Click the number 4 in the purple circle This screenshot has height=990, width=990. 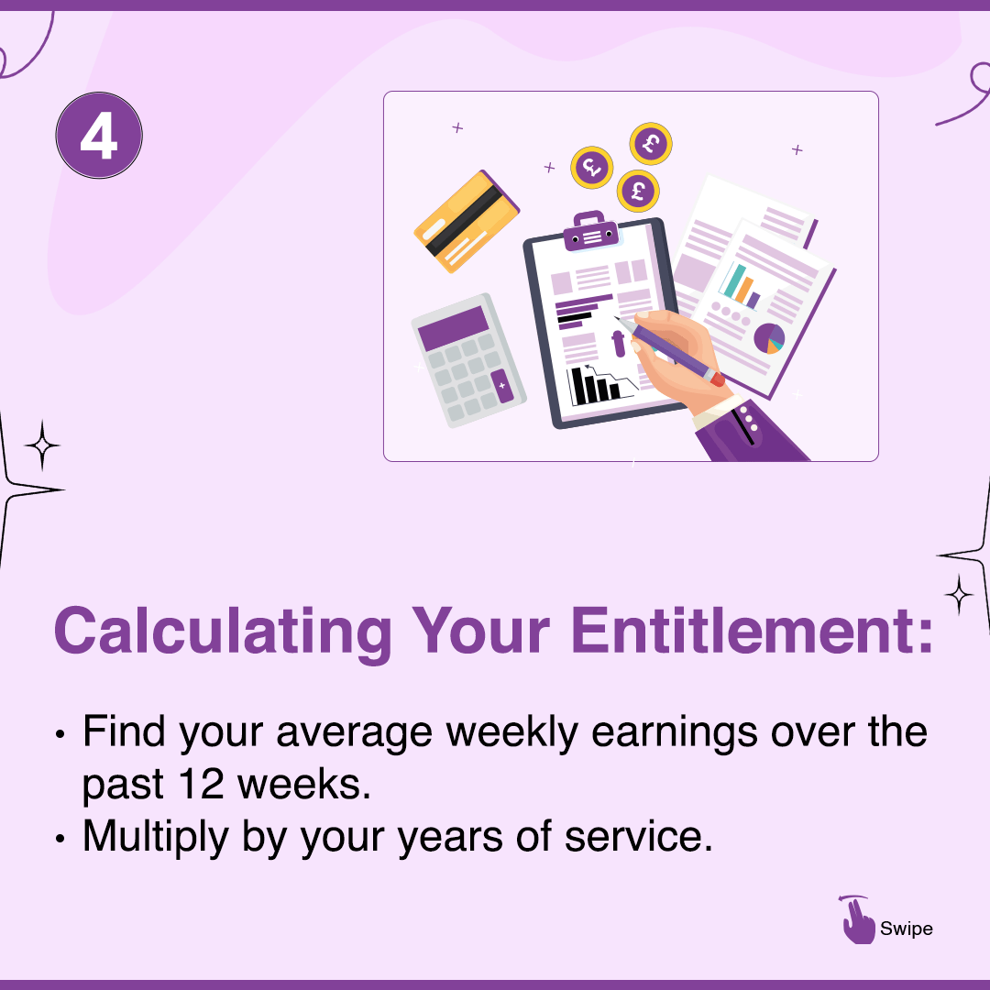coord(99,137)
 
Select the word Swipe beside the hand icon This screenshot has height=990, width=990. coord(906,929)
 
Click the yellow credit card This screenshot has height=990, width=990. coord(467,221)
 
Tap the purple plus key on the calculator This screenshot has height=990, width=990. coord(501,386)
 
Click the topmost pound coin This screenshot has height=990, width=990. coord(651,144)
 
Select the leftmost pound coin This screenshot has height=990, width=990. coord(591,167)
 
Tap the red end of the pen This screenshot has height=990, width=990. coord(716,378)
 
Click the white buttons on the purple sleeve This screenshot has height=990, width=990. coord(749,421)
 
